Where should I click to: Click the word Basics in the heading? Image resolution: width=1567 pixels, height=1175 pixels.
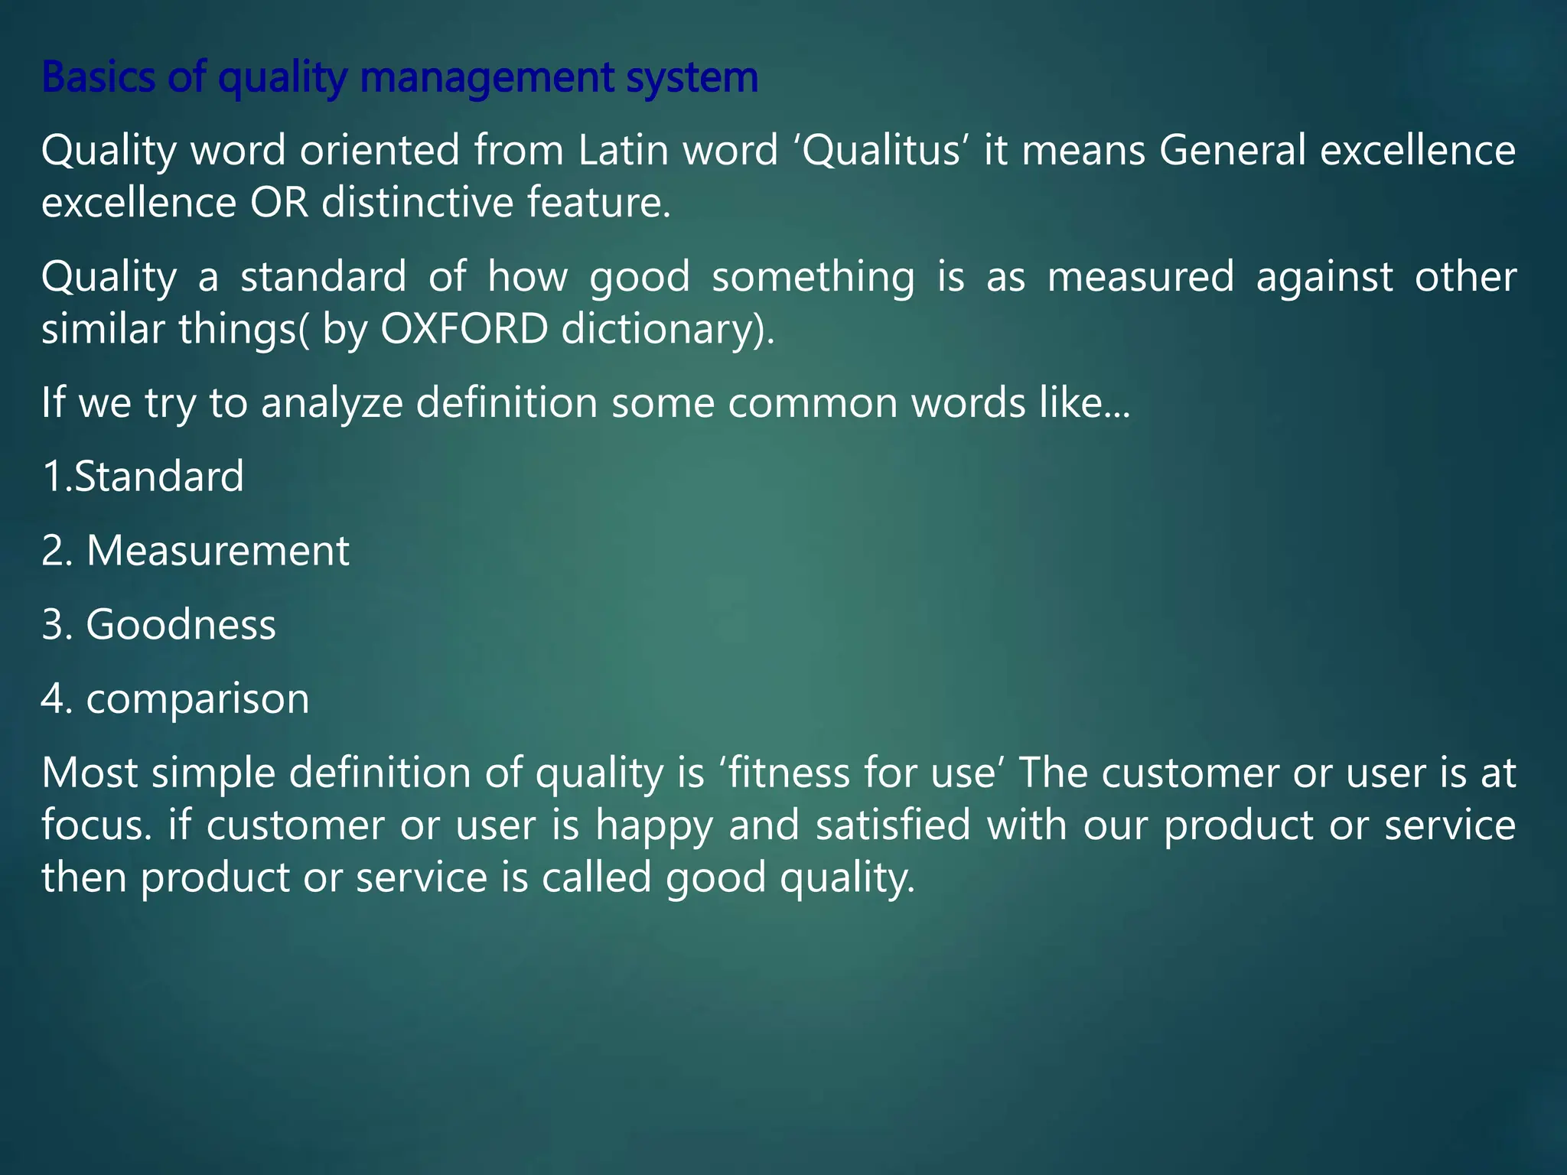tap(98, 77)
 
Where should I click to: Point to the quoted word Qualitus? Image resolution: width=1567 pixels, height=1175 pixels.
tap(882, 150)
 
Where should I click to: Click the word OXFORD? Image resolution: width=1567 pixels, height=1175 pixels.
tap(464, 329)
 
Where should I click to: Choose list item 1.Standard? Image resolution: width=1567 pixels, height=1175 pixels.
tap(143, 477)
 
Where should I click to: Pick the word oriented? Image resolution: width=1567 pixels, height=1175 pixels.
tap(380, 150)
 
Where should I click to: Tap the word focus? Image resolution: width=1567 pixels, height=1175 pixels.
tap(95, 825)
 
